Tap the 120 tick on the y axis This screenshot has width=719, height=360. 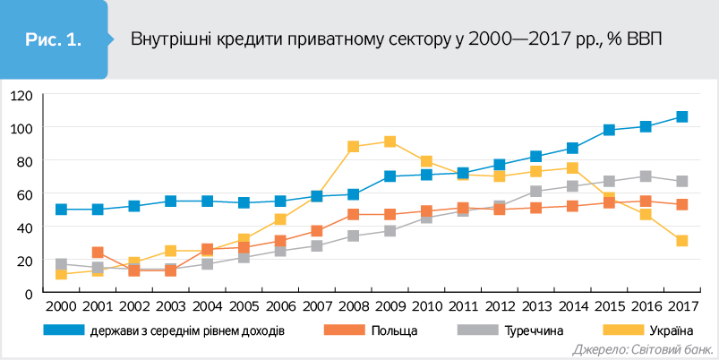pos(21,94)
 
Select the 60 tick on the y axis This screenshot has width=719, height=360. pos(25,193)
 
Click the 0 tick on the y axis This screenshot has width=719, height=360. pos(29,293)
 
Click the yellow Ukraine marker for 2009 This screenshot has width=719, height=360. pos(389,141)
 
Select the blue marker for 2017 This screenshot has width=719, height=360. pos(681,116)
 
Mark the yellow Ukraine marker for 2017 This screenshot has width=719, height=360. pos(681,241)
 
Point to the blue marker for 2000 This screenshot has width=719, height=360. pos(61,210)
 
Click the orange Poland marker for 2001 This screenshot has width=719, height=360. pos(98,253)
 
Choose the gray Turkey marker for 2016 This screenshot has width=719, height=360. pos(645,176)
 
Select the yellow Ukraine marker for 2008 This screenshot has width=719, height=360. pos(353,147)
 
